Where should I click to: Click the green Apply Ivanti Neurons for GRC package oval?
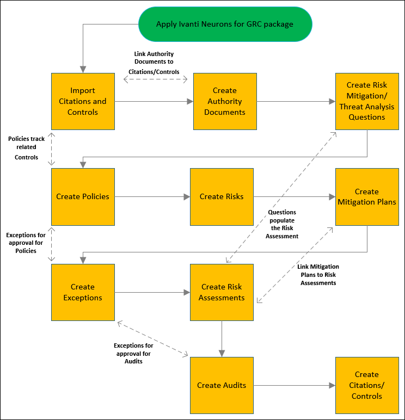pyautogui.click(x=225, y=24)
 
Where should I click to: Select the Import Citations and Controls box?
pyautogui.click(x=83, y=101)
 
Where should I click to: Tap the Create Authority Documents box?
pyautogui.click(x=225, y=101)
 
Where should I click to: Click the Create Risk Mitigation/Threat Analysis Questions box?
pyautogui.click(x=366, y=101)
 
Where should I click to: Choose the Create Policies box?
pyautogui.click(x=83, y=196)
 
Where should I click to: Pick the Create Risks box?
pyautogui.click(x=222, y=196)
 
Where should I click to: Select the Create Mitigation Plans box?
pyautogui.click(x=366, y=196)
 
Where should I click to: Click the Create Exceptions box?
pyautogui.click(x=83, y=292)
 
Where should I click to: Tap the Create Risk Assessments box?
pyautogui.click(x=222, y=292)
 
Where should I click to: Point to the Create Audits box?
pyautogui.click(x=222, y=385)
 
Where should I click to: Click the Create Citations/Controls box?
pyautogui.click(x=366, y=385)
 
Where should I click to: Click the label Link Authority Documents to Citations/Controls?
pyautogui.click(x=154, y=63)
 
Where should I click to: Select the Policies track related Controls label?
pyautogui.click(x=26, y=148)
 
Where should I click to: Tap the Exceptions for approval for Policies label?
pyautogui.click(x=26, y=243)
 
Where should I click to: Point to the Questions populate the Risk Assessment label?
pyautogui.click(x=282, y=224)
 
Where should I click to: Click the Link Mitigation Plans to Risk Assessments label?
pyautogui.click(x=318, y=275)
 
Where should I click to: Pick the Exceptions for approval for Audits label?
pyautogui.click(x=133, y=353)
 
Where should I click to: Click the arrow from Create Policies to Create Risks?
pyautogui.click(x=152, y=196)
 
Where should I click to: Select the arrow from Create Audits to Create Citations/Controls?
pyautogui.click(x=294, y=385)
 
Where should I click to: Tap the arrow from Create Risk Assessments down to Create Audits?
pyautogui.click(x=222, y=338)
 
